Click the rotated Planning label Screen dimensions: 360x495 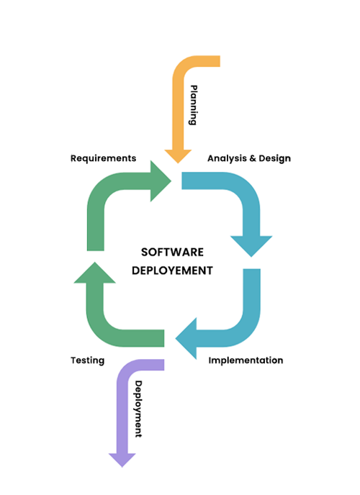click(194, 105)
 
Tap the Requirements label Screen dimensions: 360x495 click(103, 158)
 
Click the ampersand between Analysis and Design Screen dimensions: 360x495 click(253, 158)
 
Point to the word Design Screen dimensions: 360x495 click(275, 158)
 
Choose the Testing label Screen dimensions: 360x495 click(87, 360)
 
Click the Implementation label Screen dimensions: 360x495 click(246, 360)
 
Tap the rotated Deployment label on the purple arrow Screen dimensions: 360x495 click(139, 409)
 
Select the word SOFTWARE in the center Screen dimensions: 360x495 click(172, 253)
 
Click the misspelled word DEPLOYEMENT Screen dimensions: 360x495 click(172, 271)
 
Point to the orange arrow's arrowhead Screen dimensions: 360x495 click(178, 156)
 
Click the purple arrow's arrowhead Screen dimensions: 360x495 click(122, 460)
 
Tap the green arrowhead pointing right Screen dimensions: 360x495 click(161, 181)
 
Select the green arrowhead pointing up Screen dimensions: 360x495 click(95, 273)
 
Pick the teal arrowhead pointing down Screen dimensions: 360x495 click(251, 246)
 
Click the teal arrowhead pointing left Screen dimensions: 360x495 click(186, 338)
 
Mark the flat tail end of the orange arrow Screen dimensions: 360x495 click(219, 61)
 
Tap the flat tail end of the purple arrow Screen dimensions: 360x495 click(163, 365)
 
